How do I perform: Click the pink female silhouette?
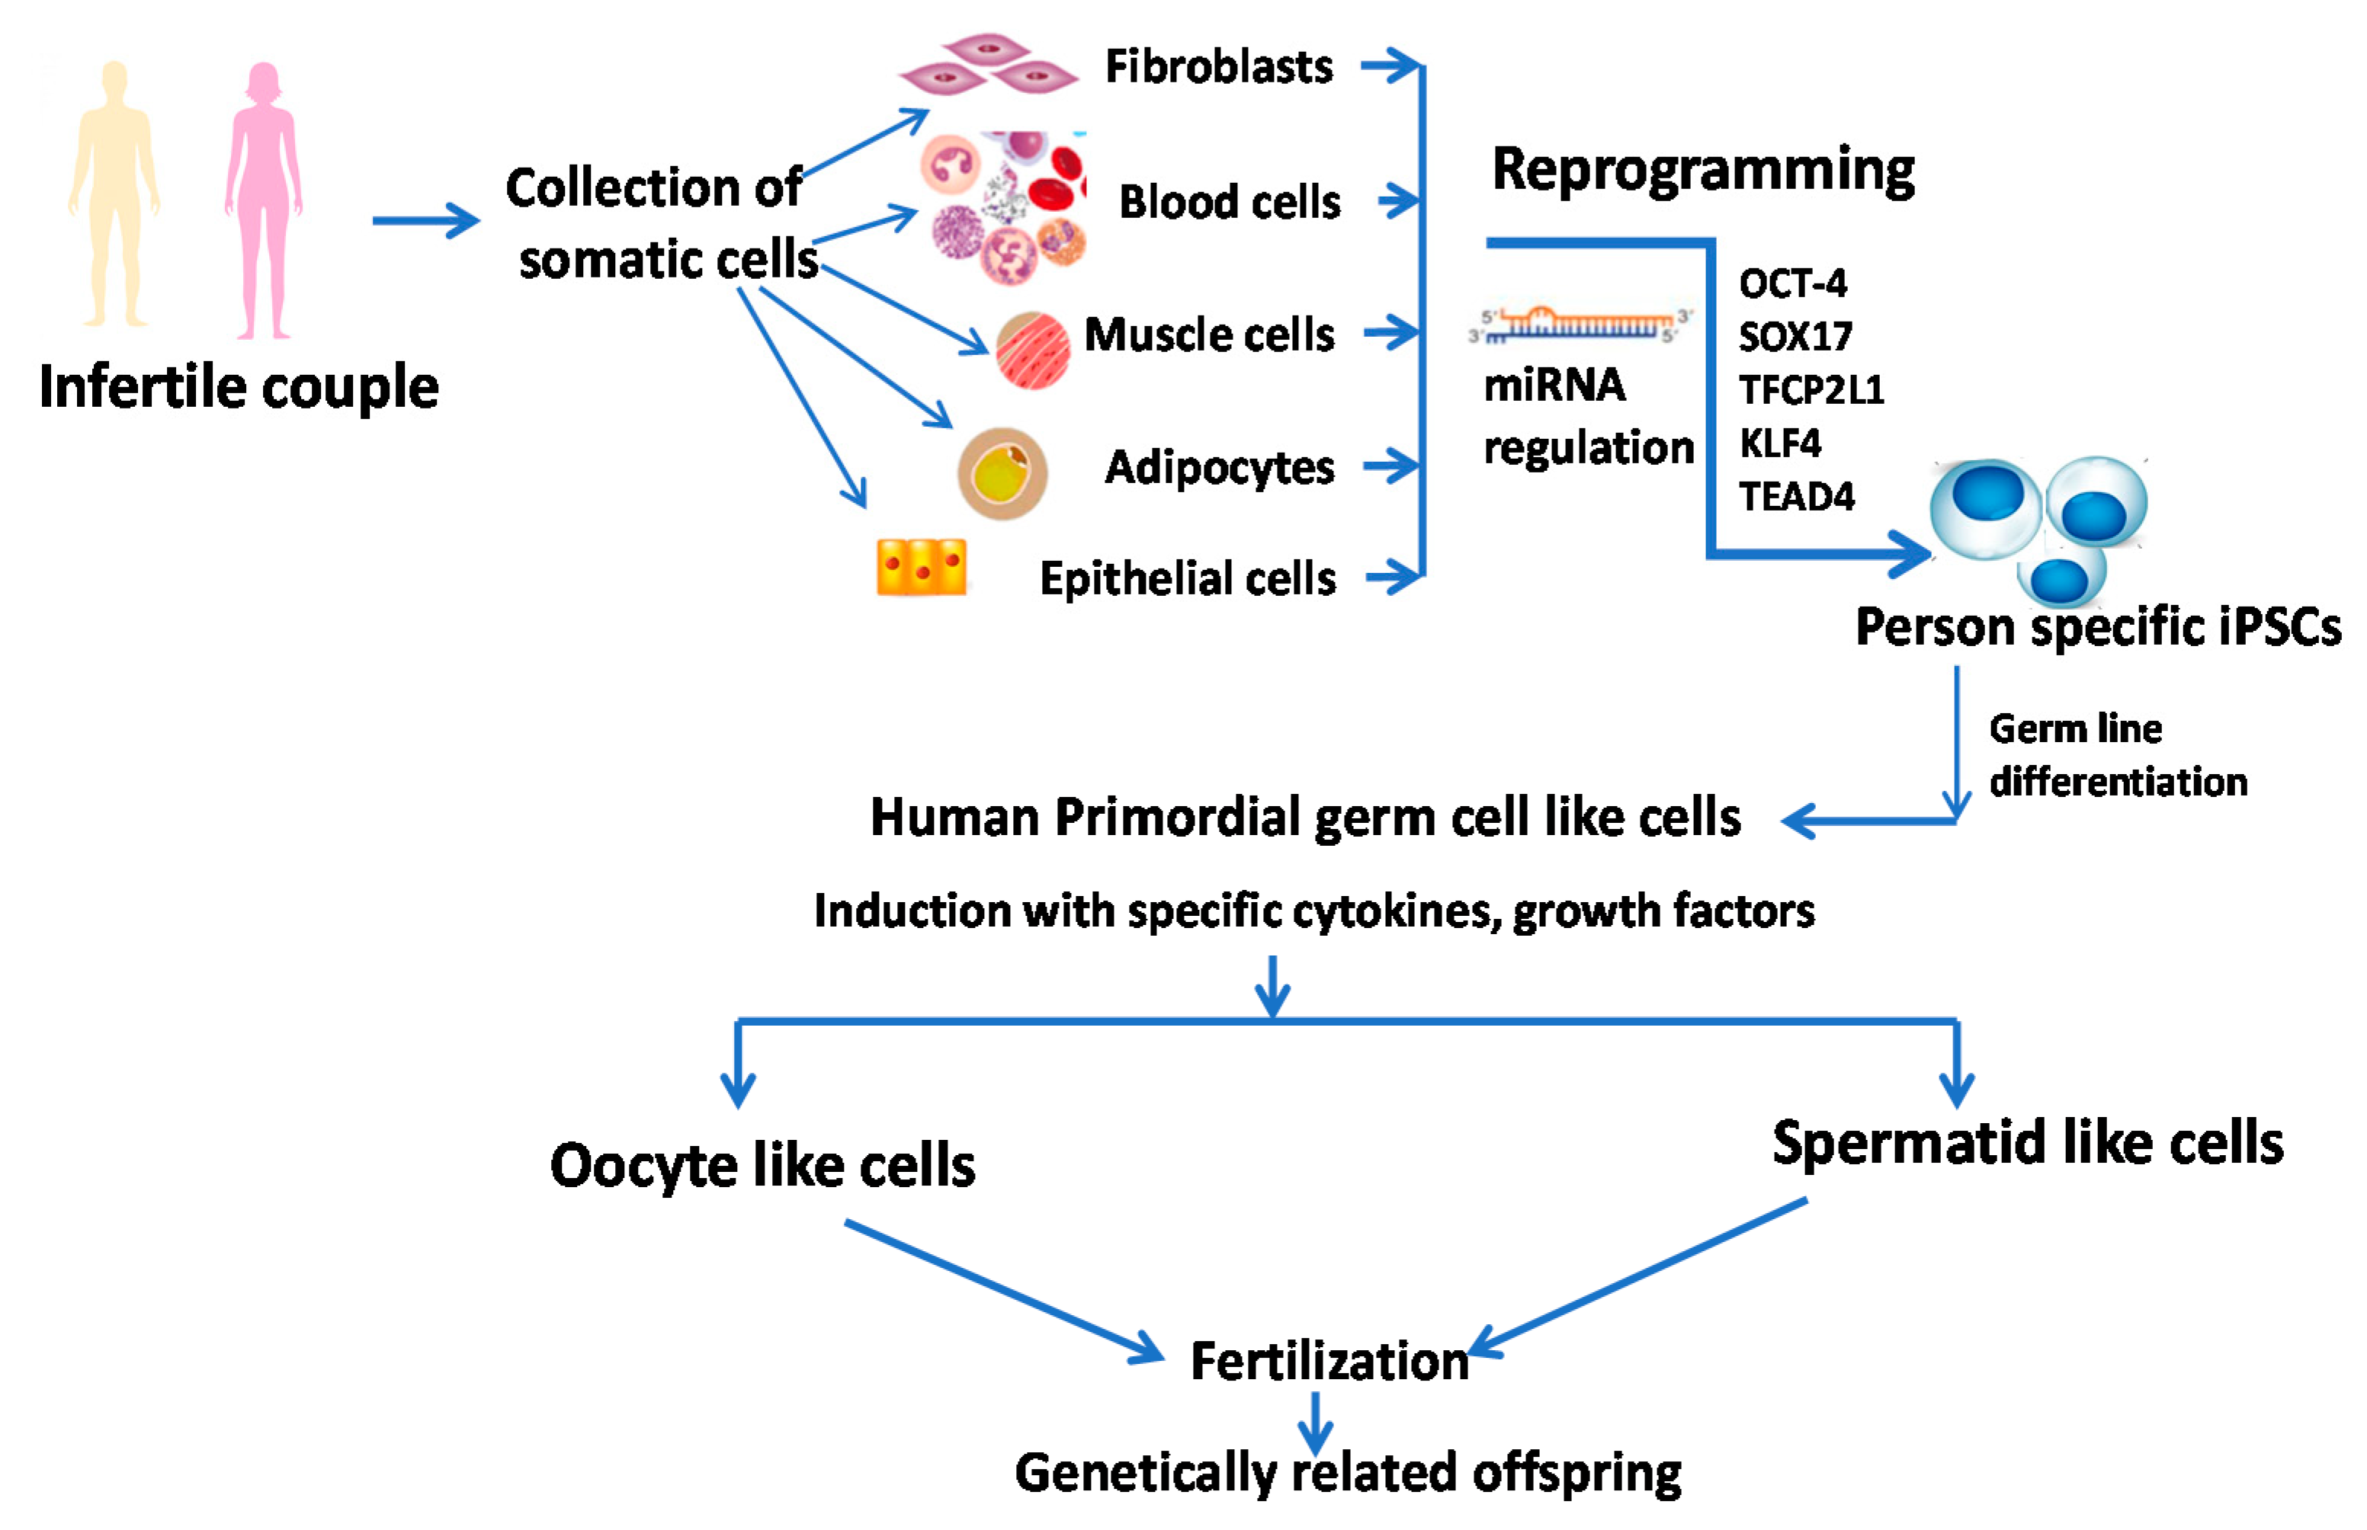[x=263, y=199]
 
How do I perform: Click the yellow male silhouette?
[x=114, y=194]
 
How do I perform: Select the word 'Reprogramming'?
[x=1702, y=171]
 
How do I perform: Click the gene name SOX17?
[x=1794, y=337]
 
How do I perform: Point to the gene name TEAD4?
[x=1795, y=496]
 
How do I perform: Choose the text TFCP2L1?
[x=1811, y=389]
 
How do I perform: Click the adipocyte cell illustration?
[x=1002, y=473]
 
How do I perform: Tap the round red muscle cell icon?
[x=1032, y=350]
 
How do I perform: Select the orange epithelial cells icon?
[x=921, y=568]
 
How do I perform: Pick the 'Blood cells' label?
[x=1229, y=202]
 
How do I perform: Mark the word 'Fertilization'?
[x=1329, y=1361]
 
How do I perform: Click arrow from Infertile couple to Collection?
[x=425, y=220]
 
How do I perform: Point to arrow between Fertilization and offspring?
[x=1315, y=1422]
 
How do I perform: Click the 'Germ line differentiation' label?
[x=2117, y=756]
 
